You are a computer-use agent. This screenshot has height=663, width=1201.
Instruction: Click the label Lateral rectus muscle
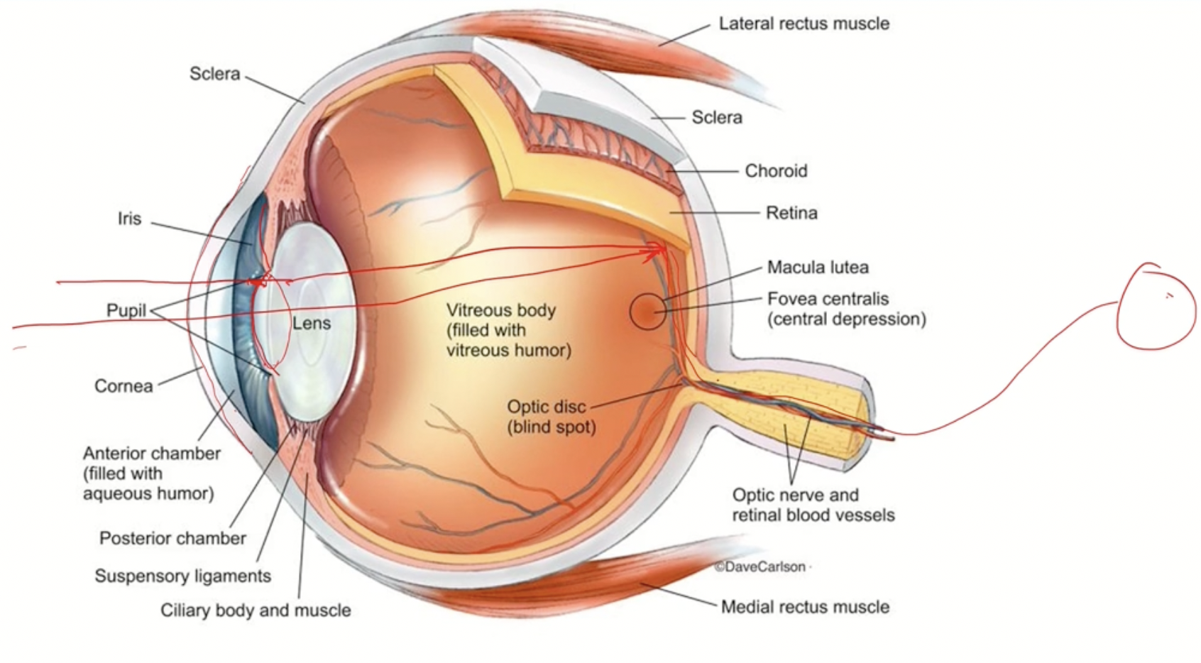coord(804,23)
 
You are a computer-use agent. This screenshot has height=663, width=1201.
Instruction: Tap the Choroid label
coord(776,171)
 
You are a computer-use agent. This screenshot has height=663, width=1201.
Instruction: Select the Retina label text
coord(791,213)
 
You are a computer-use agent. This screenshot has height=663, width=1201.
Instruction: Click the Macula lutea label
coord(818,268)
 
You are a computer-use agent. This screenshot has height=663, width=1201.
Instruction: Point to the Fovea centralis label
coord(828,299)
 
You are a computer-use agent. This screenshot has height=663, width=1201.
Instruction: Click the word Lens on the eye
coord(312,324)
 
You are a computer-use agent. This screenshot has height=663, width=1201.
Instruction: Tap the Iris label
coord(130,219)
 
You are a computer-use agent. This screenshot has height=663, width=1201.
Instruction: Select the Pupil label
coord(126,310)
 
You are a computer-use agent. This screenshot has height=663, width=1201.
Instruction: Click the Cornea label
coord(124,386)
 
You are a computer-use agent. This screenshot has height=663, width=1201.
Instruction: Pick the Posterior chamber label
coord(172,538)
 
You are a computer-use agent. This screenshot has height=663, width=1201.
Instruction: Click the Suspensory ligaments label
coord(183,576)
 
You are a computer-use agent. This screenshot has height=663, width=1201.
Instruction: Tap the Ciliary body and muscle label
coord(256,610)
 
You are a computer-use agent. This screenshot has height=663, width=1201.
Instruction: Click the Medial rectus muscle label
coord(805,607)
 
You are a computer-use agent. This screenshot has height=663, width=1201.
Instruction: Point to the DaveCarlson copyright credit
coord(760,566)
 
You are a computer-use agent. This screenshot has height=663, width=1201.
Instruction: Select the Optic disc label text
coord(547,407)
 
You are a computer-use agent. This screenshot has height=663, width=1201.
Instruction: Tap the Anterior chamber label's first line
coord(152,454)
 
